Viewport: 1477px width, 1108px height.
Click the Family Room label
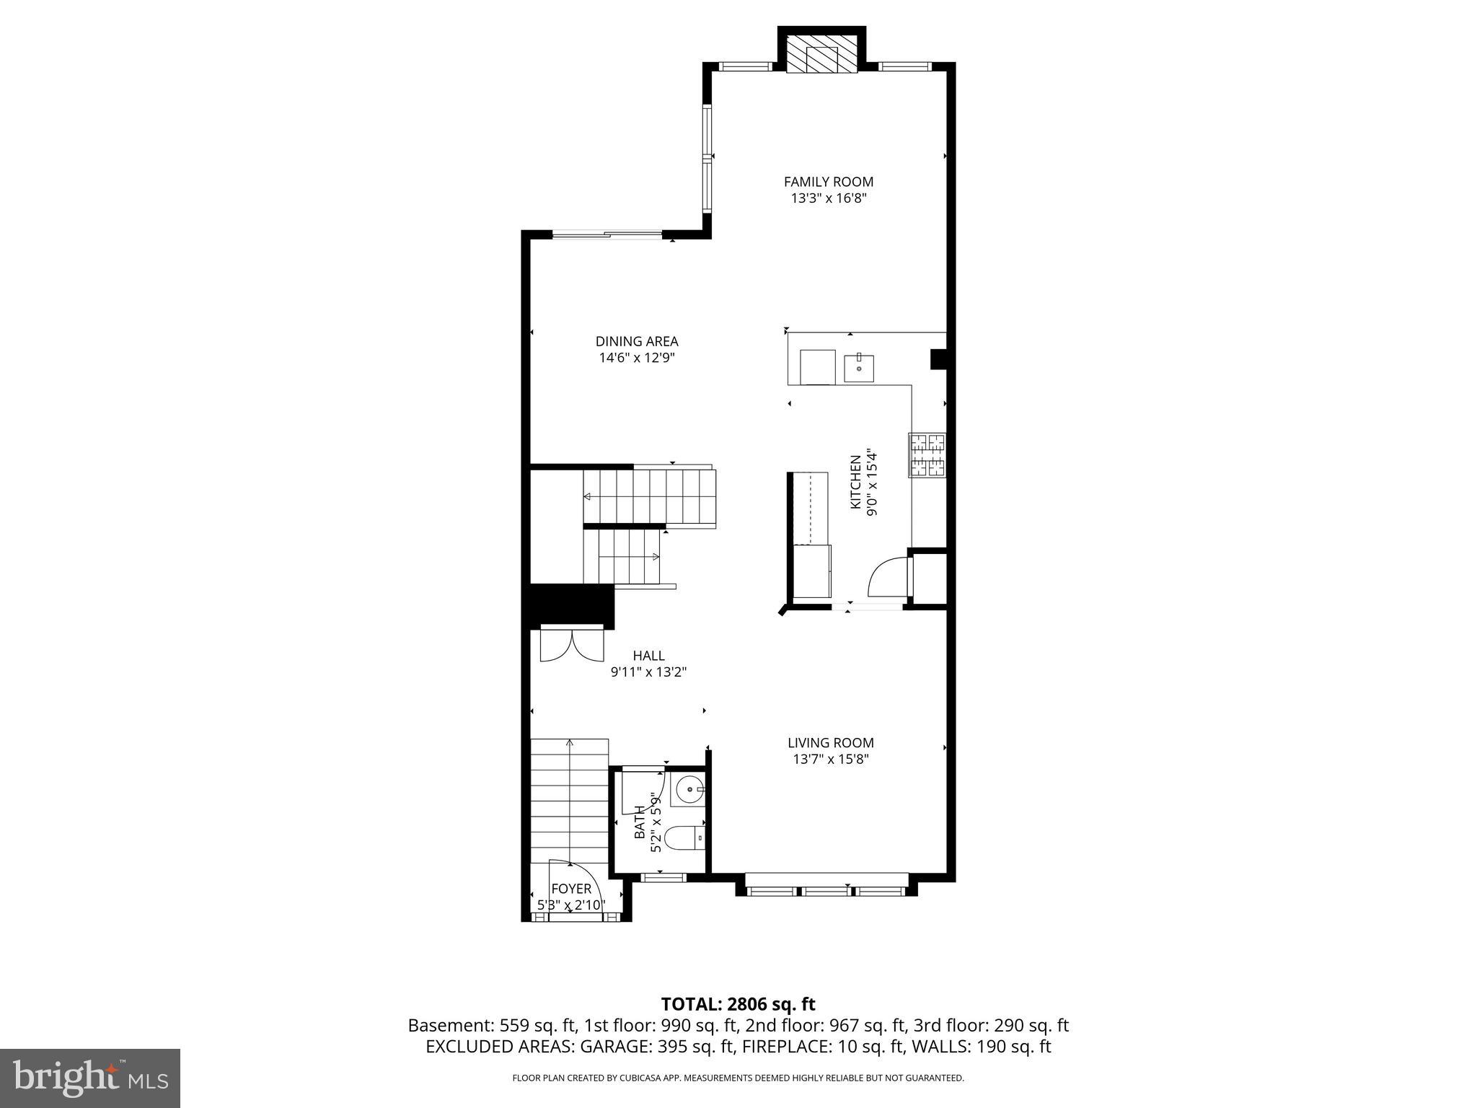coord(828,182)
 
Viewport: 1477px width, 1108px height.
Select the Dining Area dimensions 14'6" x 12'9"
coord(637,358)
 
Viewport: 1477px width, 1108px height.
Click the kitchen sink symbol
coord(859,368)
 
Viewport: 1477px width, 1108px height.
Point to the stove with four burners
coord(927,454)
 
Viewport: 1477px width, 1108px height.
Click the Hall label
coord(648,656)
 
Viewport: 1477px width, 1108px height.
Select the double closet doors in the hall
coord(572,645)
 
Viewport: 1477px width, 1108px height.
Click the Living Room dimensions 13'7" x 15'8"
coord(830,759)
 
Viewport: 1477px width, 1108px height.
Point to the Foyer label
coord(571,889)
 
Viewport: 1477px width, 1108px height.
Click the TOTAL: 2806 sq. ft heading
coord(738,1004)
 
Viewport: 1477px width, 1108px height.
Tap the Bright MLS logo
coord(90,1078)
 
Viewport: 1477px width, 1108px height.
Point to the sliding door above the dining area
coord(607,234)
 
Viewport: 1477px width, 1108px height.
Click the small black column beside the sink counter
coord(938,359)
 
